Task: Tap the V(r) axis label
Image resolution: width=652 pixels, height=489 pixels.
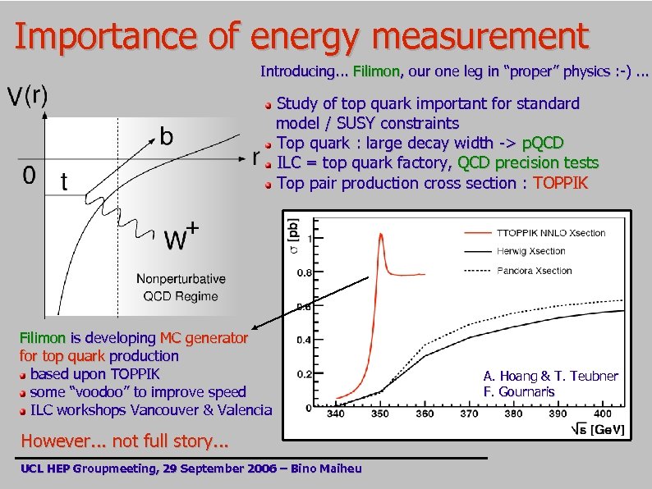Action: pos(28,96)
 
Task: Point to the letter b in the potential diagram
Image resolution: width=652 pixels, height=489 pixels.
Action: pos(165,135)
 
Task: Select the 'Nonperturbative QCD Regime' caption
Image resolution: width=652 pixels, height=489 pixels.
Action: pos(181,287)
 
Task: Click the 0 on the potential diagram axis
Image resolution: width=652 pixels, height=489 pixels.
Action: pos(28,176)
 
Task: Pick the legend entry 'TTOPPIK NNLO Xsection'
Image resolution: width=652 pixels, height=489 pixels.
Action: pos(551,232)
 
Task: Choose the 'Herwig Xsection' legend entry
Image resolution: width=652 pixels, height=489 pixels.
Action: pos(531,251)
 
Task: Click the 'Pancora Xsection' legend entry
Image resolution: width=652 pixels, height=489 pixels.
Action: pos(534,270)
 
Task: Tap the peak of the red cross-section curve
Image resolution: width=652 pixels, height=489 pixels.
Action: pos(382,235)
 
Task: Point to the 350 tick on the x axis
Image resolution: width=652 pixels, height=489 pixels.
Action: pos(379,414)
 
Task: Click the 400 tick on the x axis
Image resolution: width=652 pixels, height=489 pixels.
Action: pos(602,414)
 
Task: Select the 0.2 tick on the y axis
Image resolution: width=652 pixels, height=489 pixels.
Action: pos(303,373)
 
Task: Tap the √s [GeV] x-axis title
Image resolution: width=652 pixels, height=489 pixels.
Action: pos(596,429)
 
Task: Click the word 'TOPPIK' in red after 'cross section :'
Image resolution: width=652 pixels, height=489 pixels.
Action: pos(561,183)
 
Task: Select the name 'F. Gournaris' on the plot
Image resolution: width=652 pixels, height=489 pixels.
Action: pos(519,391)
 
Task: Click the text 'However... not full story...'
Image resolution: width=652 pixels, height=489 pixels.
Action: pos(124,441)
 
